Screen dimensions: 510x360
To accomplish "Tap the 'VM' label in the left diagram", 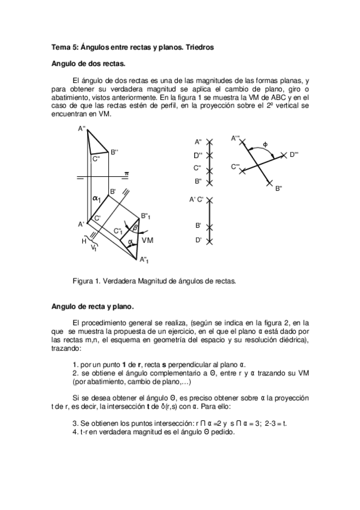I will (x=148, y=240).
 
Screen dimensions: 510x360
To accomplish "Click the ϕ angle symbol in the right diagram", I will (x=265, y=144).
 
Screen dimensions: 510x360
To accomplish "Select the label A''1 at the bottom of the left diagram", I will (x=145, y=260).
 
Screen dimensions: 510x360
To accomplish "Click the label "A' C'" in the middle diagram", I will (x=197, y=199).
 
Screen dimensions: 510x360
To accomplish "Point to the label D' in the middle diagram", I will (x=198, y=240).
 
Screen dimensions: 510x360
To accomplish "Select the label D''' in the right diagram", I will (x=294, y=155).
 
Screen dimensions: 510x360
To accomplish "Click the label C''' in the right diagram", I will (x=236, y=166).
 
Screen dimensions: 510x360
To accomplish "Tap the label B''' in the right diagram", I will (x=279, y=189).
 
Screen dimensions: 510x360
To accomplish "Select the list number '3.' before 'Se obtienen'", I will (x=75, y=423).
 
